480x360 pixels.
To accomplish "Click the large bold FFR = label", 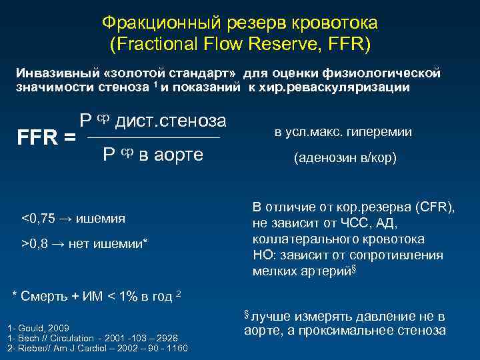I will pyautogui.click(x=45, y=138).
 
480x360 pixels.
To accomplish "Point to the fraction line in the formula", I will pyautogui.click(x=153, y=138).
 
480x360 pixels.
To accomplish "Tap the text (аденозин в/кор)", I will pyautogui.click(x=343, y=159).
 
